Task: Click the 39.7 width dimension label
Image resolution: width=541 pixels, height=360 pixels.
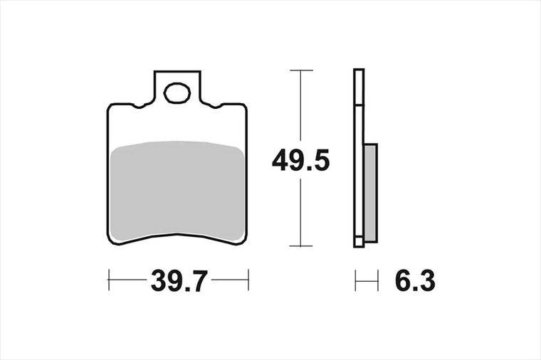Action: point(179,281)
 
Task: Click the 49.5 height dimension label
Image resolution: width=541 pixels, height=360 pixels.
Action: point(300,161)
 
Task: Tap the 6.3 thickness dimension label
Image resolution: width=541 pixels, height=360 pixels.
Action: point(415,281)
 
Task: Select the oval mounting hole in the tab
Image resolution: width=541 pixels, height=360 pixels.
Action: point(177,93)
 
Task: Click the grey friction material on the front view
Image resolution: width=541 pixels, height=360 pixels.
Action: point(177,191)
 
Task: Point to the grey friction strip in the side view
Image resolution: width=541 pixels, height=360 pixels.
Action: point(370,192)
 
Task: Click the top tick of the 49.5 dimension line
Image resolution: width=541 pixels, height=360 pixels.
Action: point(301,70)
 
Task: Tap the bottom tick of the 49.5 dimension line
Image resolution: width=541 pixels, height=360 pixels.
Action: point(301,246)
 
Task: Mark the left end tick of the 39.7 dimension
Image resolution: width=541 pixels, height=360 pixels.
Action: point(109,280)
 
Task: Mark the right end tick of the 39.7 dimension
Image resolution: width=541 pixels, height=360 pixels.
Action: point(248,280)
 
